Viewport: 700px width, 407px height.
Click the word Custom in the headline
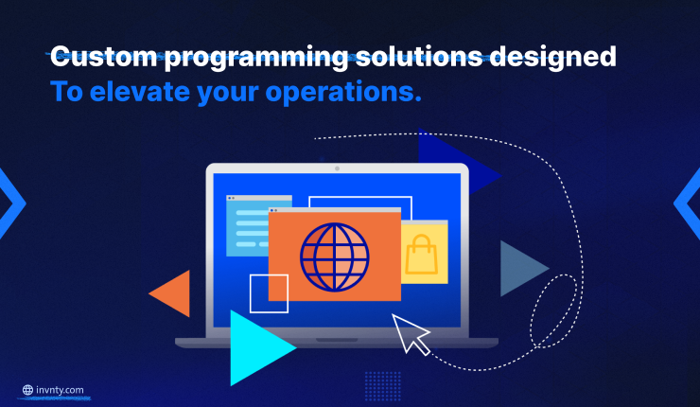pos(103,57)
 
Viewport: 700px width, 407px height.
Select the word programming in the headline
pos(255,59)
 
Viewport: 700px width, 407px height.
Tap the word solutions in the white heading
pos(419,57)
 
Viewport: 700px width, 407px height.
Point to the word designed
pos(553,59)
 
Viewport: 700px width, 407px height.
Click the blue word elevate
pos(140,92)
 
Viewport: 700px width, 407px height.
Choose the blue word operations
pos(343,94)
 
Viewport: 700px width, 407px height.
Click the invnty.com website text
pos(60,390)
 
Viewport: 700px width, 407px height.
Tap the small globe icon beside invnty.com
pos(27,390)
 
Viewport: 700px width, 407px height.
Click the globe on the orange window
pos(334,257)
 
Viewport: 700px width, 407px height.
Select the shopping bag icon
pos(421,254)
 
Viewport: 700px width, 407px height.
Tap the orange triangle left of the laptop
pos(173,293)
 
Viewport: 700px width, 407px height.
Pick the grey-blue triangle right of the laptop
pos(521,269)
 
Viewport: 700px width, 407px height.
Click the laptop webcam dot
pos(337,168)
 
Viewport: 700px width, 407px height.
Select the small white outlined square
pos(269,293)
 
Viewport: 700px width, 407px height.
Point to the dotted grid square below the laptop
pos(382,386)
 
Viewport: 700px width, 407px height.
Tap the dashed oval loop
pos(553,311)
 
